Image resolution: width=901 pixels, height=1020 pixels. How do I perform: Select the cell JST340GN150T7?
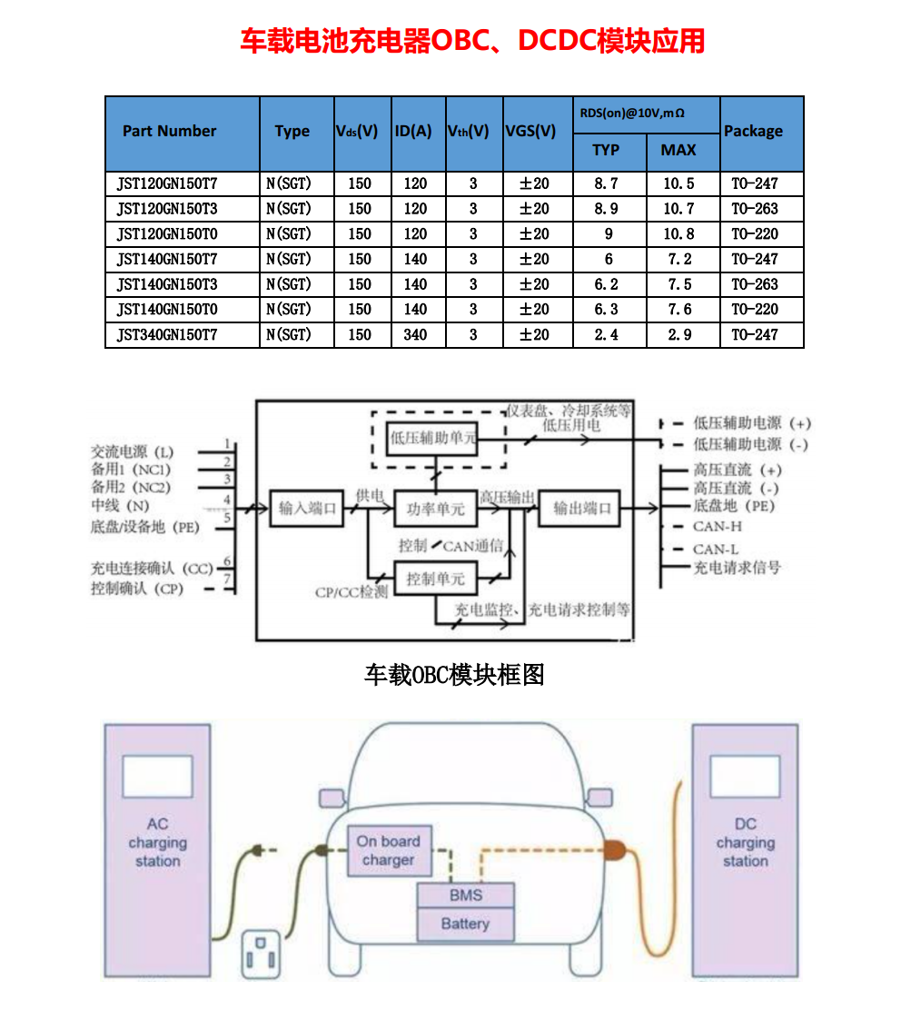pyautogui.click(x=167, y=335)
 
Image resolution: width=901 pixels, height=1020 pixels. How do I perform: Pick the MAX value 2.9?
pyautogui.click(x=679, y=335)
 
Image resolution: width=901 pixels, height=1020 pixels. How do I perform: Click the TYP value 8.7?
pyautogui.click(x=607, y=184)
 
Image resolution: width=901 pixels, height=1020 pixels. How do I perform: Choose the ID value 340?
pyautogui.click(x=415, y=335)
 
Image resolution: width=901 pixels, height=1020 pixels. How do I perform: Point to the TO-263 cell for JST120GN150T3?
pyautogui.click(x=755, y=209)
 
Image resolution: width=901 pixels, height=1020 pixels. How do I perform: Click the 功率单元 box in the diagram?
pyautogui.click(x=435, y=509)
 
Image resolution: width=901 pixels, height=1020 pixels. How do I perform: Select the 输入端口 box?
pyautogui.click(x=306, y=509)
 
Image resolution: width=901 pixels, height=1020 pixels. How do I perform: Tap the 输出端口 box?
pyautogui.click(x=579, y=509)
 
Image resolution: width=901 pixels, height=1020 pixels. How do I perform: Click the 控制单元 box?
pyautogui.click(x=435, y=579)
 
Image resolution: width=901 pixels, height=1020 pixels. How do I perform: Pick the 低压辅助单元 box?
pyautogui.click(x=432, y=438)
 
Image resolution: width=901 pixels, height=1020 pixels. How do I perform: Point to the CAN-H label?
pyautogui.click(x=717, y=526)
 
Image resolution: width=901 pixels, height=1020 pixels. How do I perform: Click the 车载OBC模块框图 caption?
pyautogui.click(x=454, y=675)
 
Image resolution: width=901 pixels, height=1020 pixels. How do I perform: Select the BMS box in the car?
pyautogui.click(x=466, y=896)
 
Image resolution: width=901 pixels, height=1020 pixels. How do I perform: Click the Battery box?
pyautogui.click(x=466, y=925)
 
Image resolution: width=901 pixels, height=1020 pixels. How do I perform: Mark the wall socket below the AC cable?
pyautogui.click(x=261, y=955)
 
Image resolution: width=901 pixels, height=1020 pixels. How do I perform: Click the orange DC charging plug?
pyautogui.click(x=615, y=850)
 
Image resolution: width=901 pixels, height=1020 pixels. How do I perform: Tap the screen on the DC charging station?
pyautogui.click(x=745, y=777)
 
